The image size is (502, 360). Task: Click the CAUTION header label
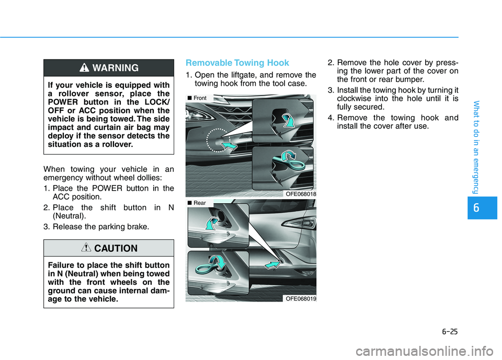(x=116, y=248)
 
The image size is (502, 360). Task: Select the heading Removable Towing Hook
(x=237, y=63)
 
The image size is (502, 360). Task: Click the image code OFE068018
(x=300, y=193)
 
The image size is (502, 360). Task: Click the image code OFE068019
(x=300, y=298)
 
